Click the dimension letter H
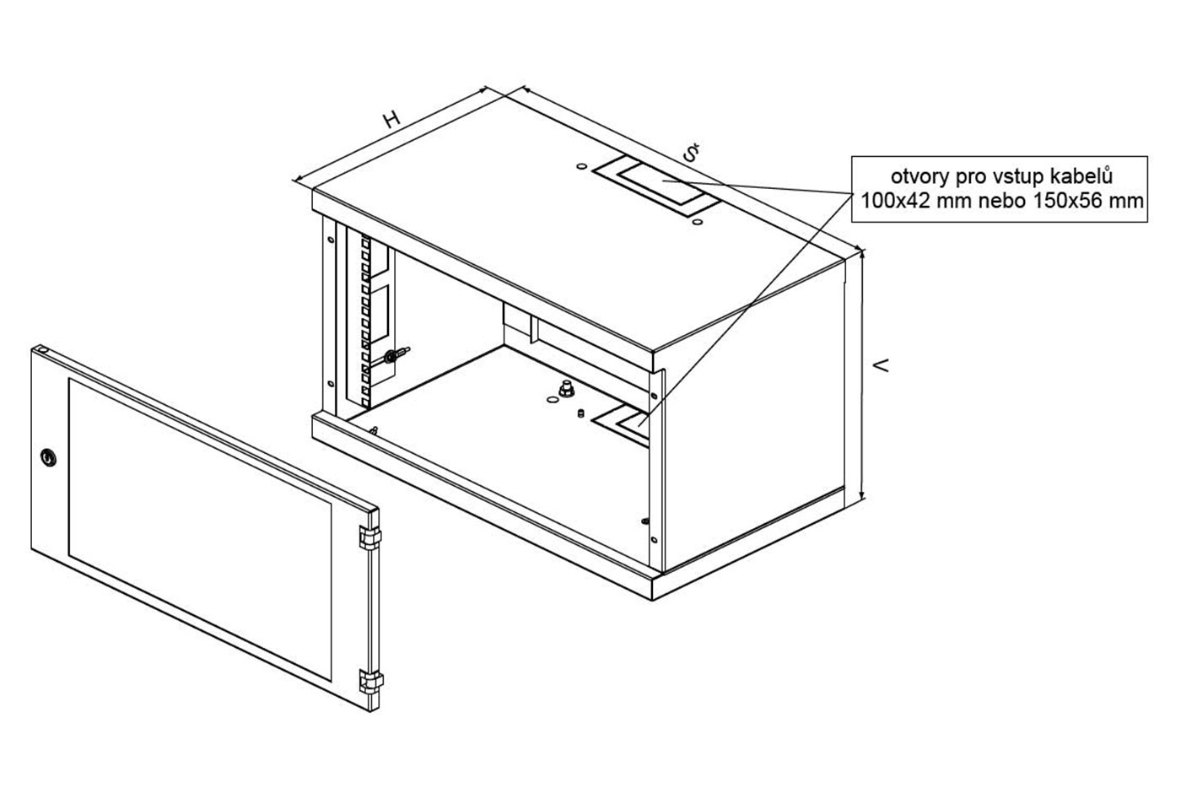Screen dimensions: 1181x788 pyautogui.click(x=391, y=120)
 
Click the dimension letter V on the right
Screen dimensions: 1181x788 pyautogui.click(x=881, y=365)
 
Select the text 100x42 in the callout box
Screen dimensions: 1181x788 pyautogui.click(x=895, y=201)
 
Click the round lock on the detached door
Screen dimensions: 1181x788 pyautogui.click(x=49, y=456)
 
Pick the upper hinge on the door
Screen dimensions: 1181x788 pyautogui.click(x=369, y=537)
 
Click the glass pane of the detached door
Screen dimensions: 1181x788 pyautogui.click(x=200, y=528)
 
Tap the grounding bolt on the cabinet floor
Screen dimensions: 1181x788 pyautogui.click(x=566, y=389)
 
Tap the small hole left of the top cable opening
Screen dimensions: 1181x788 pyautogui.click(x=581, y=167)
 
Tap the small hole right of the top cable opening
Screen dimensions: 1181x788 pyautogui.click(x=698, y=222)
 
